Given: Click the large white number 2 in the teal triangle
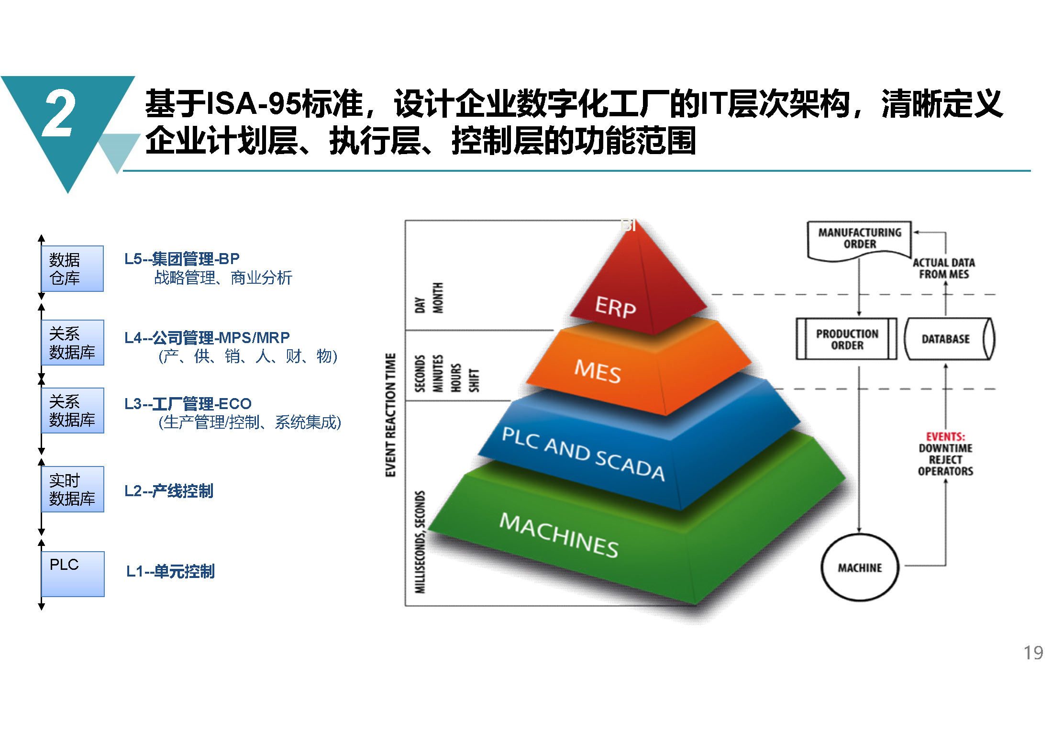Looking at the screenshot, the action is tap(58, 113).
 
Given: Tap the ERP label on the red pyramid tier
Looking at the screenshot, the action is tap(615, 307).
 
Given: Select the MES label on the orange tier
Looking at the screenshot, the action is tap(598, 371).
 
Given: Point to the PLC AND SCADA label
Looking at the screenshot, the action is tap(583, 454).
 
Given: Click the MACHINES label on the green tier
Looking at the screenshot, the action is tap(559, 535).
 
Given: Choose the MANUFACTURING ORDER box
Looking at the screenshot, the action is tap(859, 241).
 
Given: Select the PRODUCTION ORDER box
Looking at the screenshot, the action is tap(846, 339).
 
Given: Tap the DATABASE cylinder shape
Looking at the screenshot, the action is tap(950, 339).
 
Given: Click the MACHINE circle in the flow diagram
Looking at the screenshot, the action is tap(860, 567).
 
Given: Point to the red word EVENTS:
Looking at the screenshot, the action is tap(945, 436).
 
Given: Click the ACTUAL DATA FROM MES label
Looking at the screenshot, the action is tap(944, 268).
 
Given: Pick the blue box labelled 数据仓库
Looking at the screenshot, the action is tap(72, 268).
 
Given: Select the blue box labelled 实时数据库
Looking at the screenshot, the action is tap(73, 489).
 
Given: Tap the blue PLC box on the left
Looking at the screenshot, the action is tap(73, 574).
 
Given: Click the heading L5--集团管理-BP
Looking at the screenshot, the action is tap(182, 259).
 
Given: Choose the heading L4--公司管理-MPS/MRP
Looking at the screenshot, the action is tap(207, 338).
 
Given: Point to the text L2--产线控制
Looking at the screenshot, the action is tap(169, 491).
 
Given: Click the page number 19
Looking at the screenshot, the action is tap(1033, 653).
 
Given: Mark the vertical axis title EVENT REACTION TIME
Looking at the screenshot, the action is tap(391, 415).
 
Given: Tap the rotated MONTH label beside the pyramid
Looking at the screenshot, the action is tap(438, 298).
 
